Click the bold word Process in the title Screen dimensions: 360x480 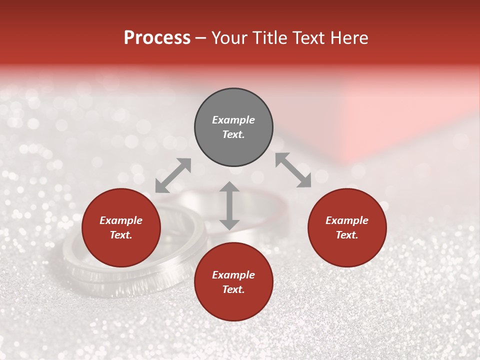(157, 38)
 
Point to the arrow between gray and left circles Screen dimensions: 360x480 (173, 175)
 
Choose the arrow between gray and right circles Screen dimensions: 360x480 (293, 170)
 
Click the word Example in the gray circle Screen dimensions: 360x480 (233, 120)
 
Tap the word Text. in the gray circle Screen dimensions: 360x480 (233, 134)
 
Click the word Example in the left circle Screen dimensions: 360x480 (121, 220)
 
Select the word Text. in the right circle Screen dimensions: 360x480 (347, 235)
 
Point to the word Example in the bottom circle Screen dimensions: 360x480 (233, 275)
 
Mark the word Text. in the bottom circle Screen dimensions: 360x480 (233, 289)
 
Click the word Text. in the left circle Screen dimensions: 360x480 (121, 235)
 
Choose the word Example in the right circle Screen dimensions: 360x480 (347, 220)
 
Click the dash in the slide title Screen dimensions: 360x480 (201, 38)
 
